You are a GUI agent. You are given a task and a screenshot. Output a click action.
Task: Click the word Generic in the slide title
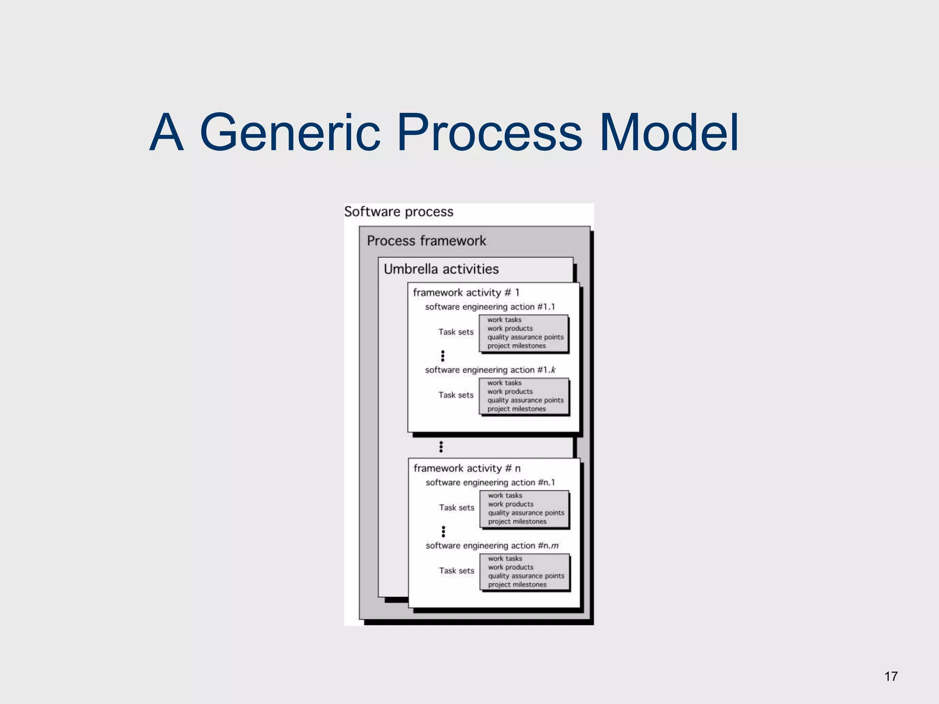290,133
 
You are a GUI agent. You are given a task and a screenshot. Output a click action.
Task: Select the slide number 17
891,676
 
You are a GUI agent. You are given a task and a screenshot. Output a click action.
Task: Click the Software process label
398,212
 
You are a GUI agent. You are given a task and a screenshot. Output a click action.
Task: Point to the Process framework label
426,241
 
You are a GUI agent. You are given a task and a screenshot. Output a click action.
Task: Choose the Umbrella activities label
441,269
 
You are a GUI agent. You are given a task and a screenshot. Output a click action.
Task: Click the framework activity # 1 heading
466,292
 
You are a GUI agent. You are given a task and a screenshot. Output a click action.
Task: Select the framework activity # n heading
467,468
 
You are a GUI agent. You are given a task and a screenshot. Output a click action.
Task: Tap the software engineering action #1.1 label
490,307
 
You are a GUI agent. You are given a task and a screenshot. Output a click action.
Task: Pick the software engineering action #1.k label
490,370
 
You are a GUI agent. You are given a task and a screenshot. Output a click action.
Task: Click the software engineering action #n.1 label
490,483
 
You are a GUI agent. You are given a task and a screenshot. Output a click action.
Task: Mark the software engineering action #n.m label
492,545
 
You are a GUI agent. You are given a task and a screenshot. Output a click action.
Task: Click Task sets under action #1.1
456,332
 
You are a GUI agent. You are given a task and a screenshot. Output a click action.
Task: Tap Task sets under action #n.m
457,571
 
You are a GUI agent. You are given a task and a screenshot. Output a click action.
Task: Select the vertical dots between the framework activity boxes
441,446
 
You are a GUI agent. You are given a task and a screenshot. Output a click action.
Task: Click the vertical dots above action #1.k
442,356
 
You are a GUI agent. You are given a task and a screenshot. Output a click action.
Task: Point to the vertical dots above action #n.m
443,531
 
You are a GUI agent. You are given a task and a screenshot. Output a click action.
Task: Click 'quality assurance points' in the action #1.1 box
525,337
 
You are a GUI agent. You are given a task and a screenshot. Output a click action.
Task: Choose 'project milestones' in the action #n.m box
517,585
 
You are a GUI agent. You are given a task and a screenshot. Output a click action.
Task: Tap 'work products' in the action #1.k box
510,392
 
